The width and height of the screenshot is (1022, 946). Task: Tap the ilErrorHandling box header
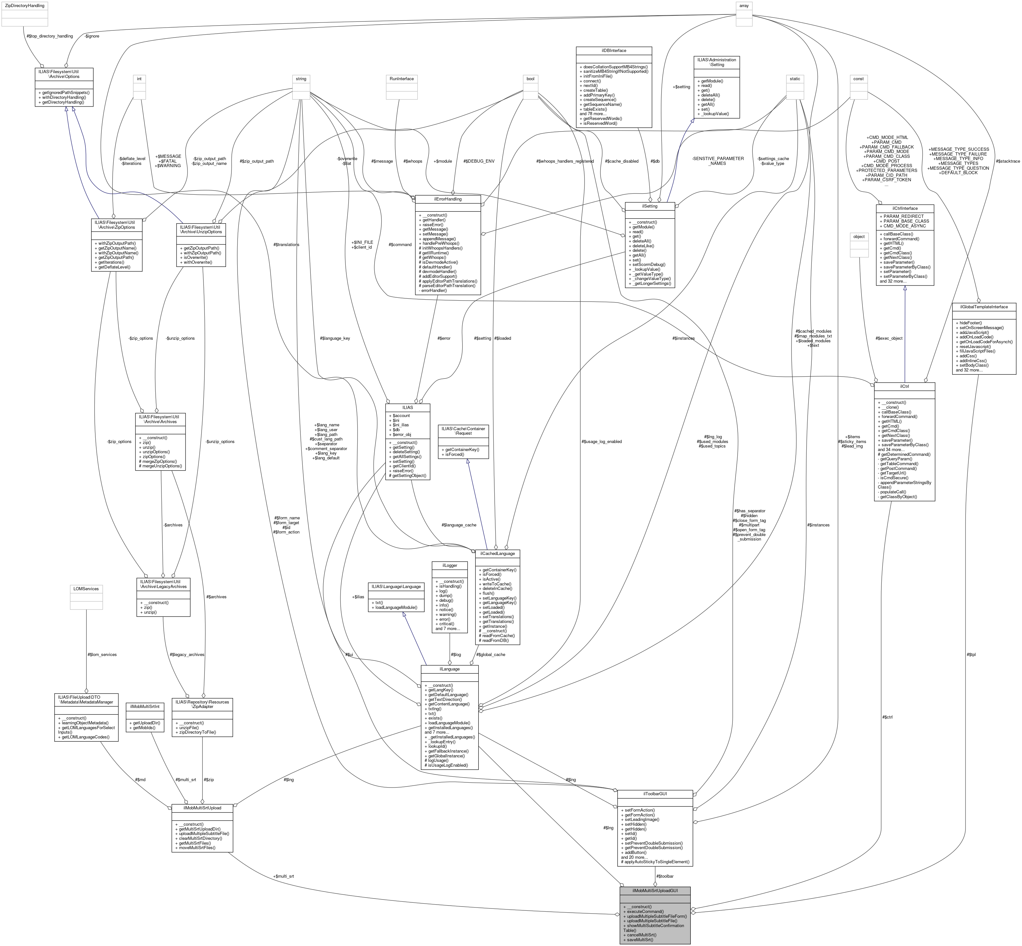coord(447,199)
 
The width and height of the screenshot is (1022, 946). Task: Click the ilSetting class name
coord(649,206)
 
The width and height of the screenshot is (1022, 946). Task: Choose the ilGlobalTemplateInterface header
coord(983,307)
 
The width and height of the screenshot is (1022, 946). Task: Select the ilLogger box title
coord(449,565)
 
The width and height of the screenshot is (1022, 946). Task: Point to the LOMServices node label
coord(86,589)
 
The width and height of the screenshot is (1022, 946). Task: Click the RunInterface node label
coord(402,79)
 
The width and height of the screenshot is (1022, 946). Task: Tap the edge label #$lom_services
coord(102,654)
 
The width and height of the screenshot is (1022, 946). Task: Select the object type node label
coord(859,236)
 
